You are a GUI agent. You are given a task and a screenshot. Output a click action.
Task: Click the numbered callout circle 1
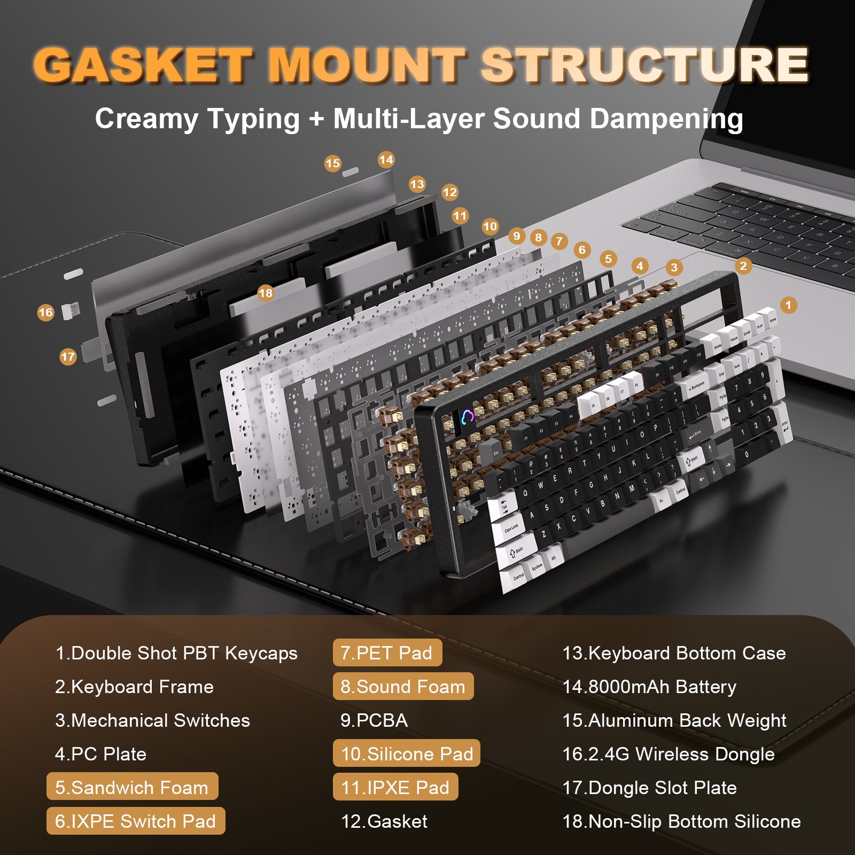(788, 305)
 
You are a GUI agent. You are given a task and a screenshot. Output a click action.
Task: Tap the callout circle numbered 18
(265, 293)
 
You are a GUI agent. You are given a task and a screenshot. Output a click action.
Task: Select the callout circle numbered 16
(46, 313)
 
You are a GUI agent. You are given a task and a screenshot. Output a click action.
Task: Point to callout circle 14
(386, 160)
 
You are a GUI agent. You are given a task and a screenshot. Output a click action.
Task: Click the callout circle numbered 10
(490, 227)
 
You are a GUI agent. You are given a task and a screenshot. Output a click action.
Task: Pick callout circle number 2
(743, 266)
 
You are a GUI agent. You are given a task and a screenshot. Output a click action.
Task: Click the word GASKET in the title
(143, 65)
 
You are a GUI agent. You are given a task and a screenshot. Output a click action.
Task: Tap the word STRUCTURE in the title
(644, 65)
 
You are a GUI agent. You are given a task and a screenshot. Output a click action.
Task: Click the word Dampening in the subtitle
(663, 119)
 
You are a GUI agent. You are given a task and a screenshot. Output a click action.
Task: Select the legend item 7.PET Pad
(387, 653)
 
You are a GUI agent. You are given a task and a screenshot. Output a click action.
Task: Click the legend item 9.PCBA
(374, 720)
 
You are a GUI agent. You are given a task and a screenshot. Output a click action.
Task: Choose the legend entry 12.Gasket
(384, 821)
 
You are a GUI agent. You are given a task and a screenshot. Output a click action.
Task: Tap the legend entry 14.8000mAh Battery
(649, 687)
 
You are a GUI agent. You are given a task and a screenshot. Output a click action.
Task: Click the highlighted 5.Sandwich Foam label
(132, 787)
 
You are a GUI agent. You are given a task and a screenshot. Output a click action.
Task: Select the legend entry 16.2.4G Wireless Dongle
(669, 754)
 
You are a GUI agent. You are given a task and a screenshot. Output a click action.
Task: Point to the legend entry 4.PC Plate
(100, 754)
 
